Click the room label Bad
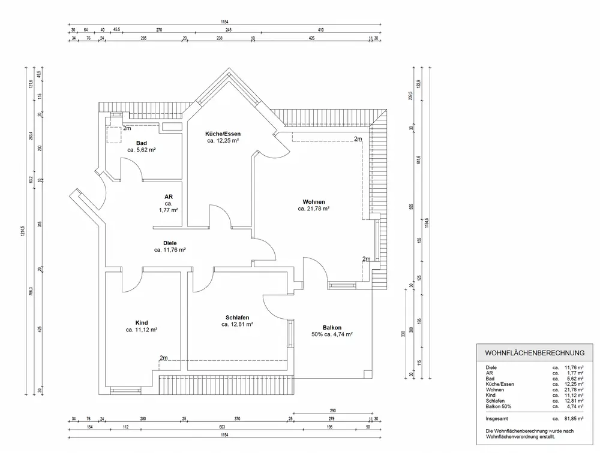[x=142, y=143]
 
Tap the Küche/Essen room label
[x=223, y=134]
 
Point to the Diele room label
[x=170, y=243]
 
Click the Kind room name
[x=142, y=322]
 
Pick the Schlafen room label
[x=237, y=318]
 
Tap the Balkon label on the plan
[x=332, y=327]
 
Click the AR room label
[x=169, y=196]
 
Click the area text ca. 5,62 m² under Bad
[x=142, y=150]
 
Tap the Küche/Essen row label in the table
[x=499, y=384]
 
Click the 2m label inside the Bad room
[x=127, y=128]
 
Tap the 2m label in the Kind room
[x=164, y=358]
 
